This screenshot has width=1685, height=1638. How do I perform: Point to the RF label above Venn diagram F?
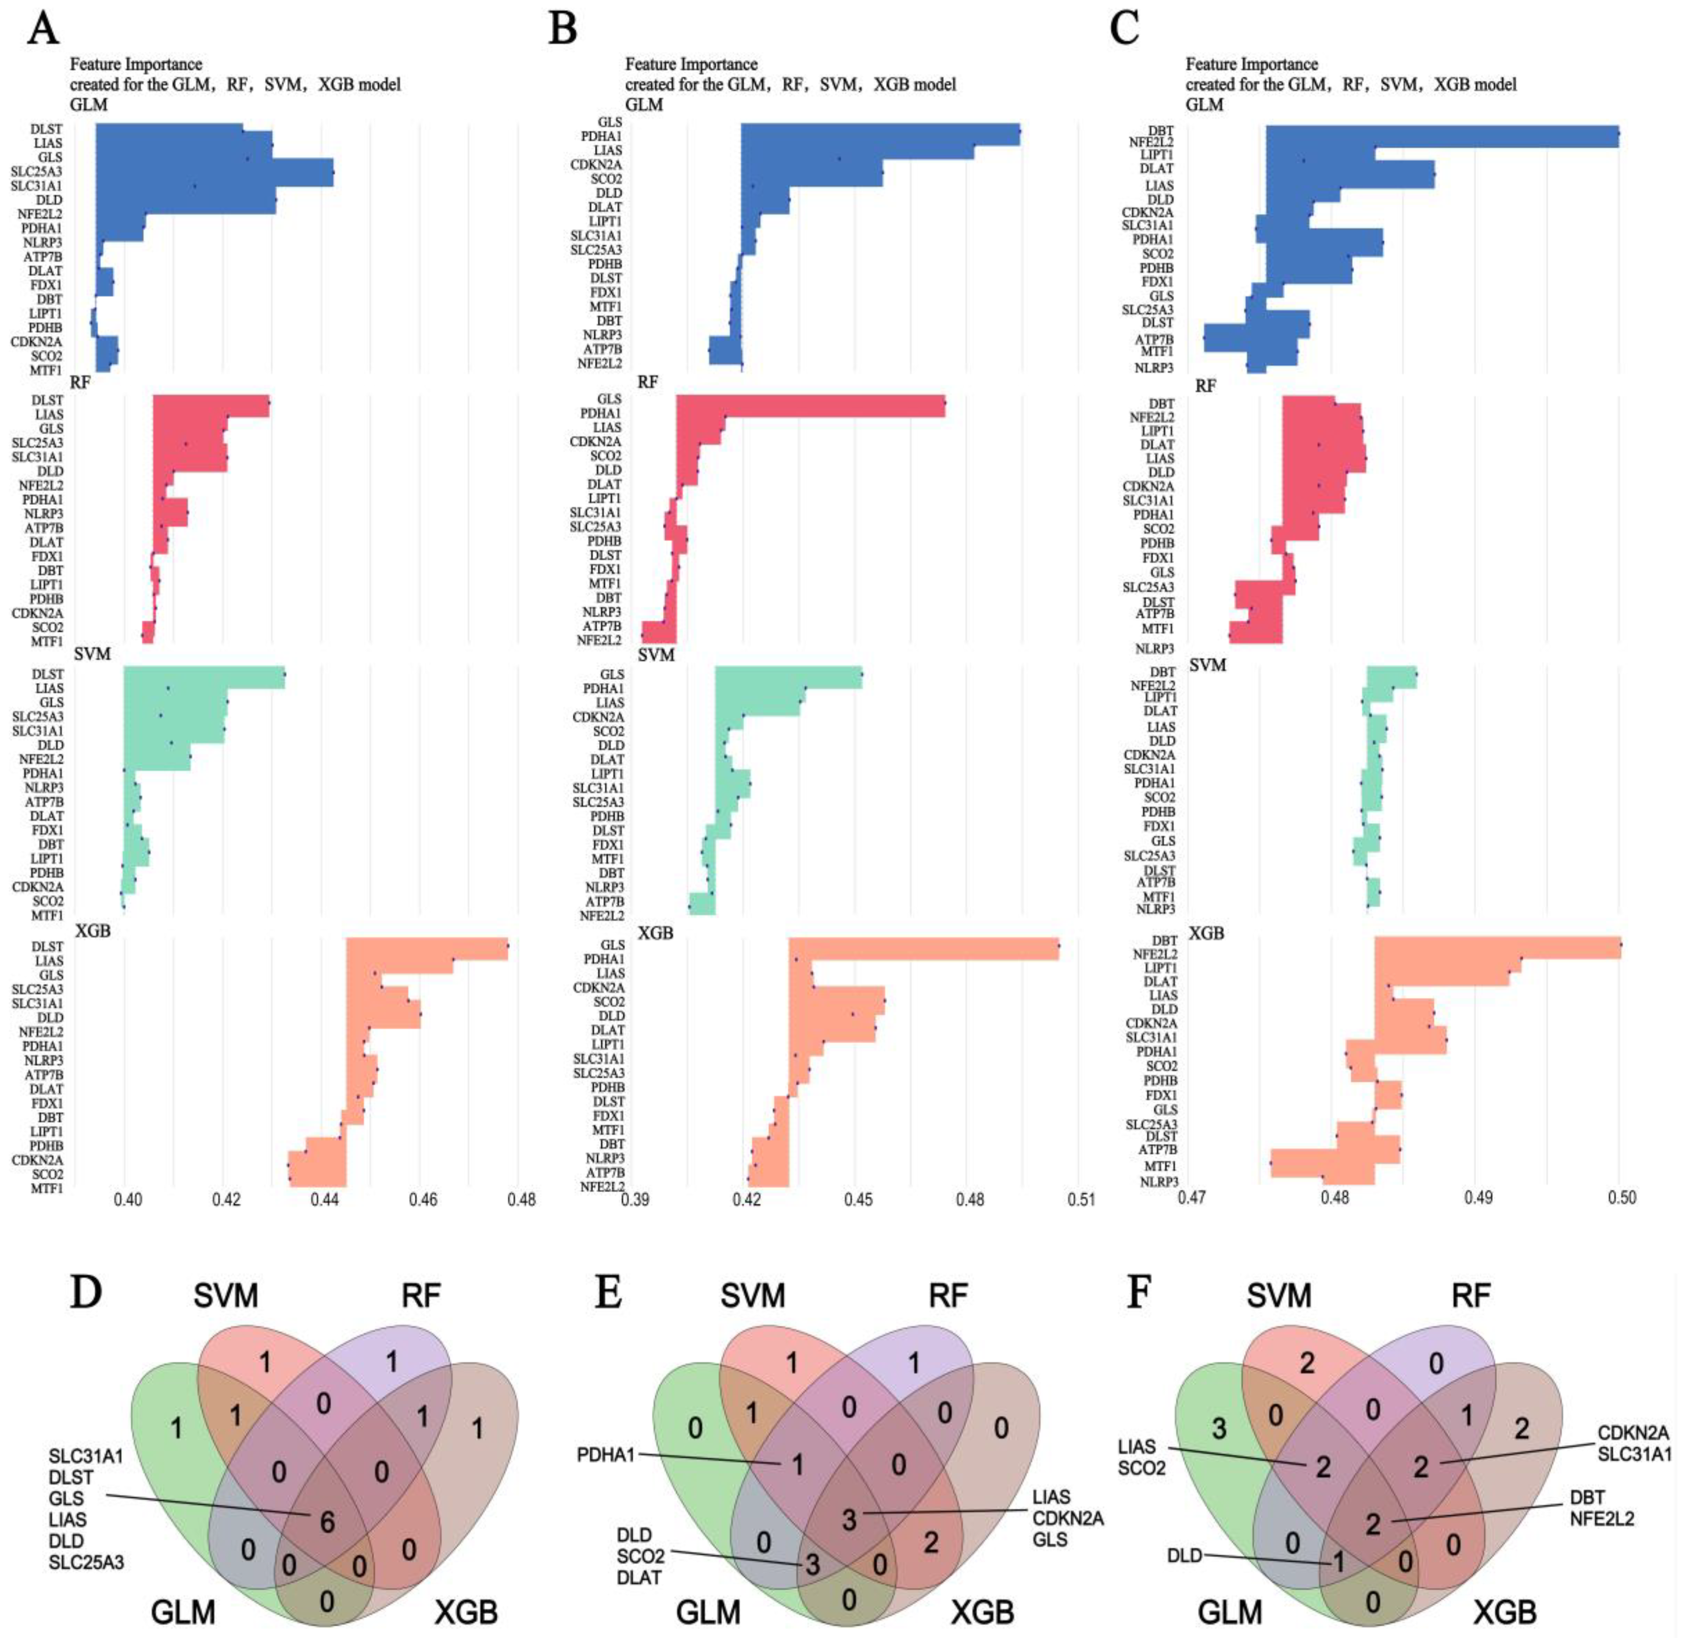point(1470,1295)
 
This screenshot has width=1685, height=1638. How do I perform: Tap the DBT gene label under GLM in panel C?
point(1161,131)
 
